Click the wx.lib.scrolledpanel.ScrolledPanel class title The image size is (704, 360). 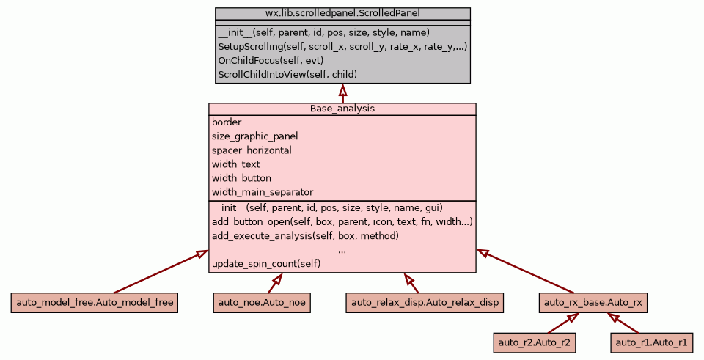pyautogui.click(x=342, y=13)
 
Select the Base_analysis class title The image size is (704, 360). pyautogui.click(x=342, y=109)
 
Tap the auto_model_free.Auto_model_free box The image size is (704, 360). pyautogui.click(x=95, y=302)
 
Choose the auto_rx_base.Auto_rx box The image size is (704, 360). pyautogui.click(x=593, y=302)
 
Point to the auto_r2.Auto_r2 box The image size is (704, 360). pyautogui.click(x=534, y=342)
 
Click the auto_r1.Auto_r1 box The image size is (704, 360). pyautogui.click(x=651, y=342)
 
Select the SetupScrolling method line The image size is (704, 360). pyautogui.click(x=342, y=46)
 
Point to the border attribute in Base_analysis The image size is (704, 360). pyautogui.click(x=227, y=122)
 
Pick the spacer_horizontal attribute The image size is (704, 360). pyautogui.click(x=251, y=150)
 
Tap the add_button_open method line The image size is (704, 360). pyautogui.click(x=342, y=221)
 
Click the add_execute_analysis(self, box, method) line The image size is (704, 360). pyautogui.click(x=304, y=235)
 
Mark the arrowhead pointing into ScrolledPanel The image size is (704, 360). pyautogui.click(x=342, y=89)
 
